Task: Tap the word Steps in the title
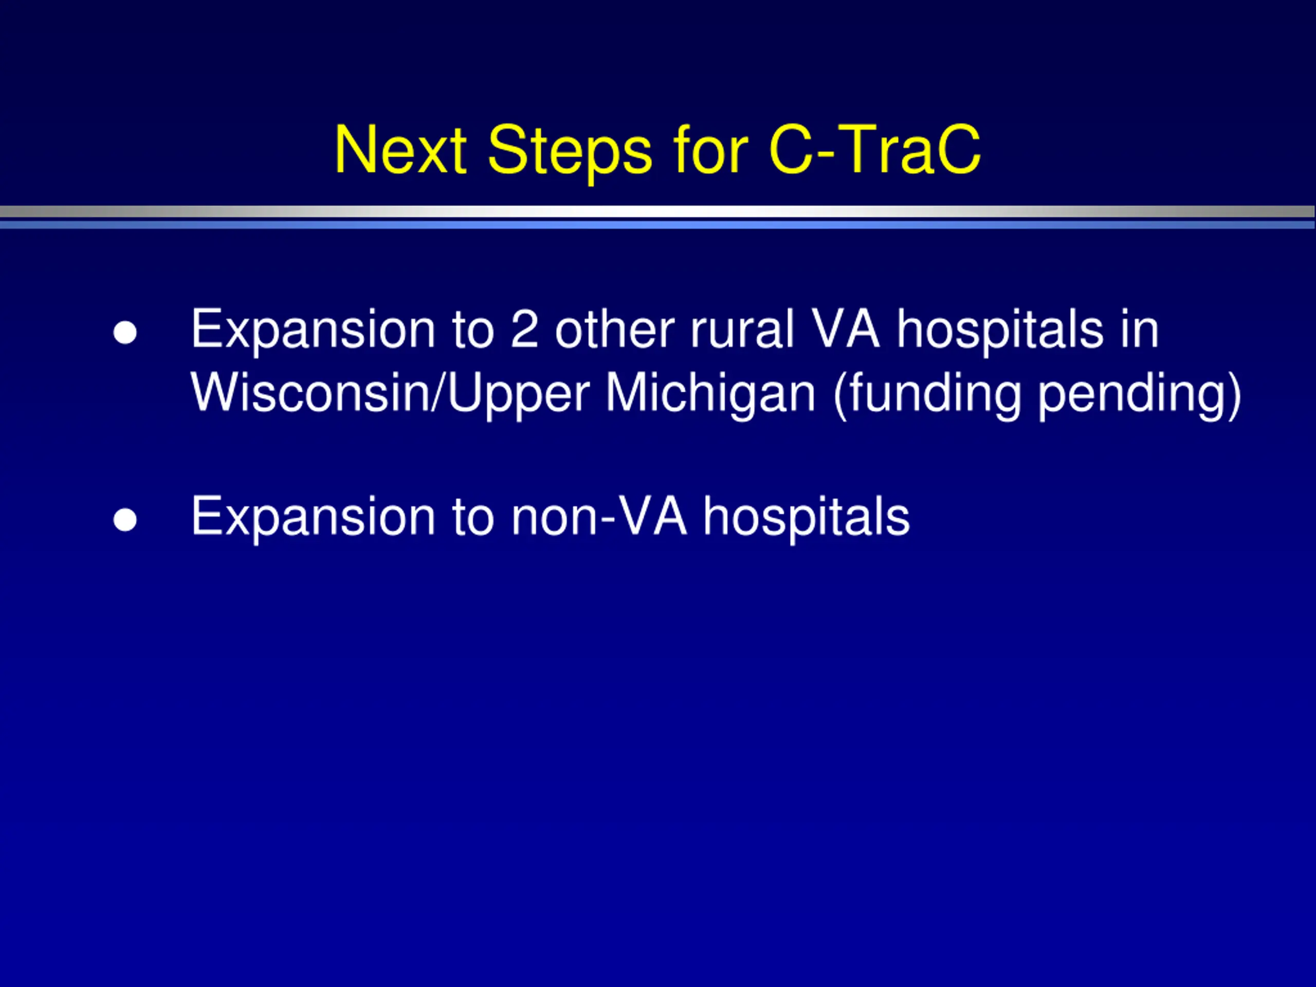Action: tap(570, 152)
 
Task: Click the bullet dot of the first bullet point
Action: tap(125, 333)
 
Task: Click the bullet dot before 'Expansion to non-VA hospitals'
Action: tap(125, 520)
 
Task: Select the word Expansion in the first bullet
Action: tap(313, 331)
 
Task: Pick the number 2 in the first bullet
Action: tap(525, 328)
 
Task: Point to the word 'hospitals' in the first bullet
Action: tap(1000, 331)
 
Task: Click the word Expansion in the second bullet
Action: tap(313, 518)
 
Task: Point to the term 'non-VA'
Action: tap(599, 515)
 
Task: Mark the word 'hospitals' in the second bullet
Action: tap(807, 518)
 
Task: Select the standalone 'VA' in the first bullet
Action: tap(846, 328)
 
